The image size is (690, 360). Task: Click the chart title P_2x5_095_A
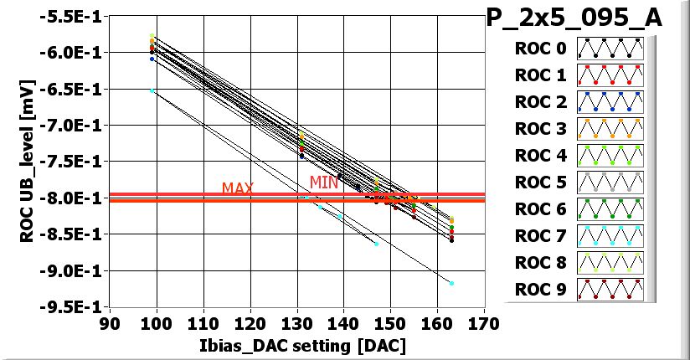point(574,18)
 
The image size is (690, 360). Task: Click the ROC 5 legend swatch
point(610,182)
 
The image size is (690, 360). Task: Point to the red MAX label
point(238,188)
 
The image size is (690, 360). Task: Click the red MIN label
point(324,182)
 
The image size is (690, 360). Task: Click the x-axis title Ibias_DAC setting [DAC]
point(296,345)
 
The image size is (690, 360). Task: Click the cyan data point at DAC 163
point(451,283)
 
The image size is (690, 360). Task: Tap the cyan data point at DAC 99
point(152,90)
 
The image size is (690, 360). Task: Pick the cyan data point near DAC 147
point(376,244)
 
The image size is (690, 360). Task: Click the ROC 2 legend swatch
point(610,101)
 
